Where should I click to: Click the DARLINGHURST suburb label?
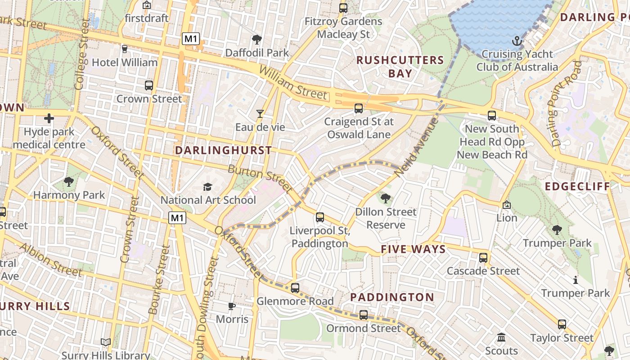223,150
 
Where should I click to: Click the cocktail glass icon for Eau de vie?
260,114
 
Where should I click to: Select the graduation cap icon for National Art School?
207,187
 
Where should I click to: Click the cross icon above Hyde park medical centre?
49,119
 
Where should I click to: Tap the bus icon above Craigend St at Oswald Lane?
359,108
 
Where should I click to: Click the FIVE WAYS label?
413,249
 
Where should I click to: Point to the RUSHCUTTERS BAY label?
400,67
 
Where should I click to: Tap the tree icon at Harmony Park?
69,182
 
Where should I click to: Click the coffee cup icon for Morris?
232,306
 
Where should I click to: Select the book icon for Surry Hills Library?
106,342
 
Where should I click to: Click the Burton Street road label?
260,177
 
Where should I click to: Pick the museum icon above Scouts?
501,337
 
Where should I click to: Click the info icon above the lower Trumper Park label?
575,280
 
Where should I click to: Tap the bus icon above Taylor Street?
562,324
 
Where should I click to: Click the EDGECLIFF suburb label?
577,186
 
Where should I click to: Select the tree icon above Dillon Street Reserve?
385,198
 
